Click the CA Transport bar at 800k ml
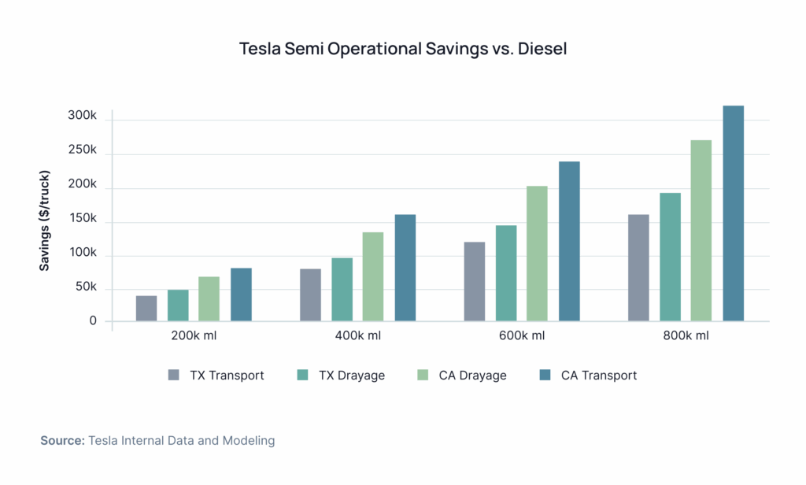pyautogui.click(x=733, y=213)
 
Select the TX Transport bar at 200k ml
pyautogui.click(x=146, y=309)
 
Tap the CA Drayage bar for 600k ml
pyautogui.click(x=538, y=254)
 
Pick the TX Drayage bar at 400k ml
pyautogui.click(x=342, y=290)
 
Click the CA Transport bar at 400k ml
pyautogui.click(x=405, y=268)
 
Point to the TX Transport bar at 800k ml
pyautogui.click(x=638, y=268)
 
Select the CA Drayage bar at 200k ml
pyautogui.click(x=209, y=299)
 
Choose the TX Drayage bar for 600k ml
pyautogui.click(x=506, y=273)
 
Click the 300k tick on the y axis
pyautogui.click(x=81, y=116)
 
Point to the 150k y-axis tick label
pyautogui.click(x=82, y=219)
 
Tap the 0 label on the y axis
pyautogui.click(x=93, y=320)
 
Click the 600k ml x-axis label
pyautogui.click(x=522, y=336)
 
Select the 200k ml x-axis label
pyautogui.click(x=194, y=336)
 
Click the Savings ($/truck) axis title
pyautogui.click(x=45, y=220)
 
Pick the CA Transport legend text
pyautogui.click(x=599, y=376)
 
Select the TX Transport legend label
pyautogui.click(x=227, y=376)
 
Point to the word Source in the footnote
pyautogui.click(x=62, y=441)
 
